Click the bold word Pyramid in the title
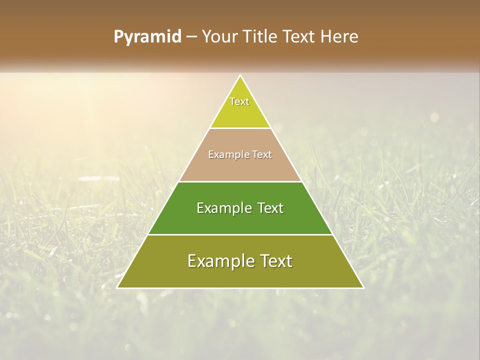[147, 37]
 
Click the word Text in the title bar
[300, 37]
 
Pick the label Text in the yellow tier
[239, 101]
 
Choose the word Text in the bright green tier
[271, 208]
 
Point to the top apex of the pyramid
[240, 75]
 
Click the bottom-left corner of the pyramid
[117, 288]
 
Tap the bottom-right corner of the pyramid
[363, 288]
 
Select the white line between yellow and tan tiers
[240, 128]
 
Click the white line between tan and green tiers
[240, 181]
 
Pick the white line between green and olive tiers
[240, 234]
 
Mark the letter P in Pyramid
[119, 37]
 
